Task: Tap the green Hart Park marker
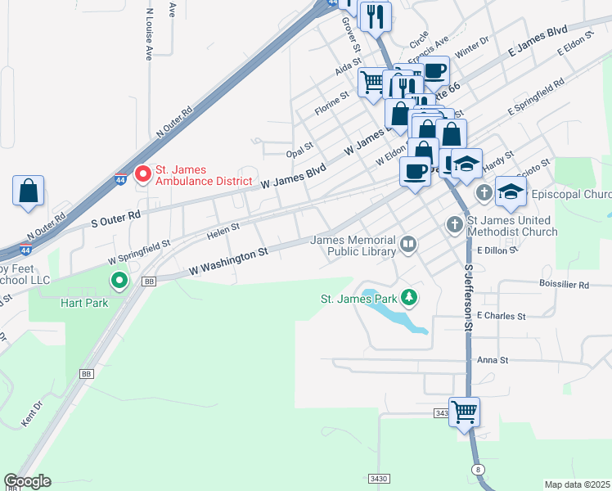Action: pos(119,282)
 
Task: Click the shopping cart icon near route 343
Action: pos(464,411)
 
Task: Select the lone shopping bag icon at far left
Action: pos(29,191)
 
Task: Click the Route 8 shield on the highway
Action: pos(477,468)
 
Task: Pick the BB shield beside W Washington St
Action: pos(148,281)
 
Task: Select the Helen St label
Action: pos(223,231)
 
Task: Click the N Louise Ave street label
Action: pos(149,36)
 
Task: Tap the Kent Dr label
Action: pos(31,415)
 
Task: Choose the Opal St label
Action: pos(300,149)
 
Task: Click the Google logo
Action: pos(27,481)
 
